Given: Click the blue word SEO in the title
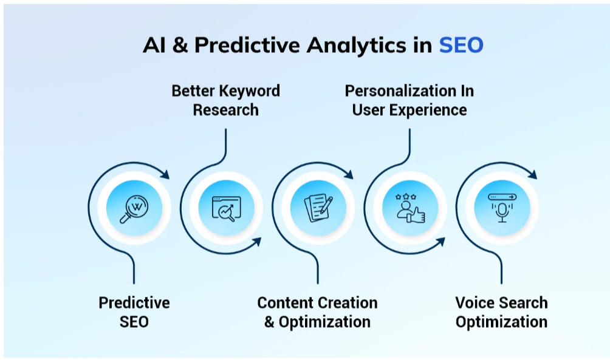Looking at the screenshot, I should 461,46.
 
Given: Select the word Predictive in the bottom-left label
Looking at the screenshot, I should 134,302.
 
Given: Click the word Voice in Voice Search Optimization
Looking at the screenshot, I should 475,302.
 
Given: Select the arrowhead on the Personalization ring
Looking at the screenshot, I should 440,242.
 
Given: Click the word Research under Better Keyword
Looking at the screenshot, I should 225,110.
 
